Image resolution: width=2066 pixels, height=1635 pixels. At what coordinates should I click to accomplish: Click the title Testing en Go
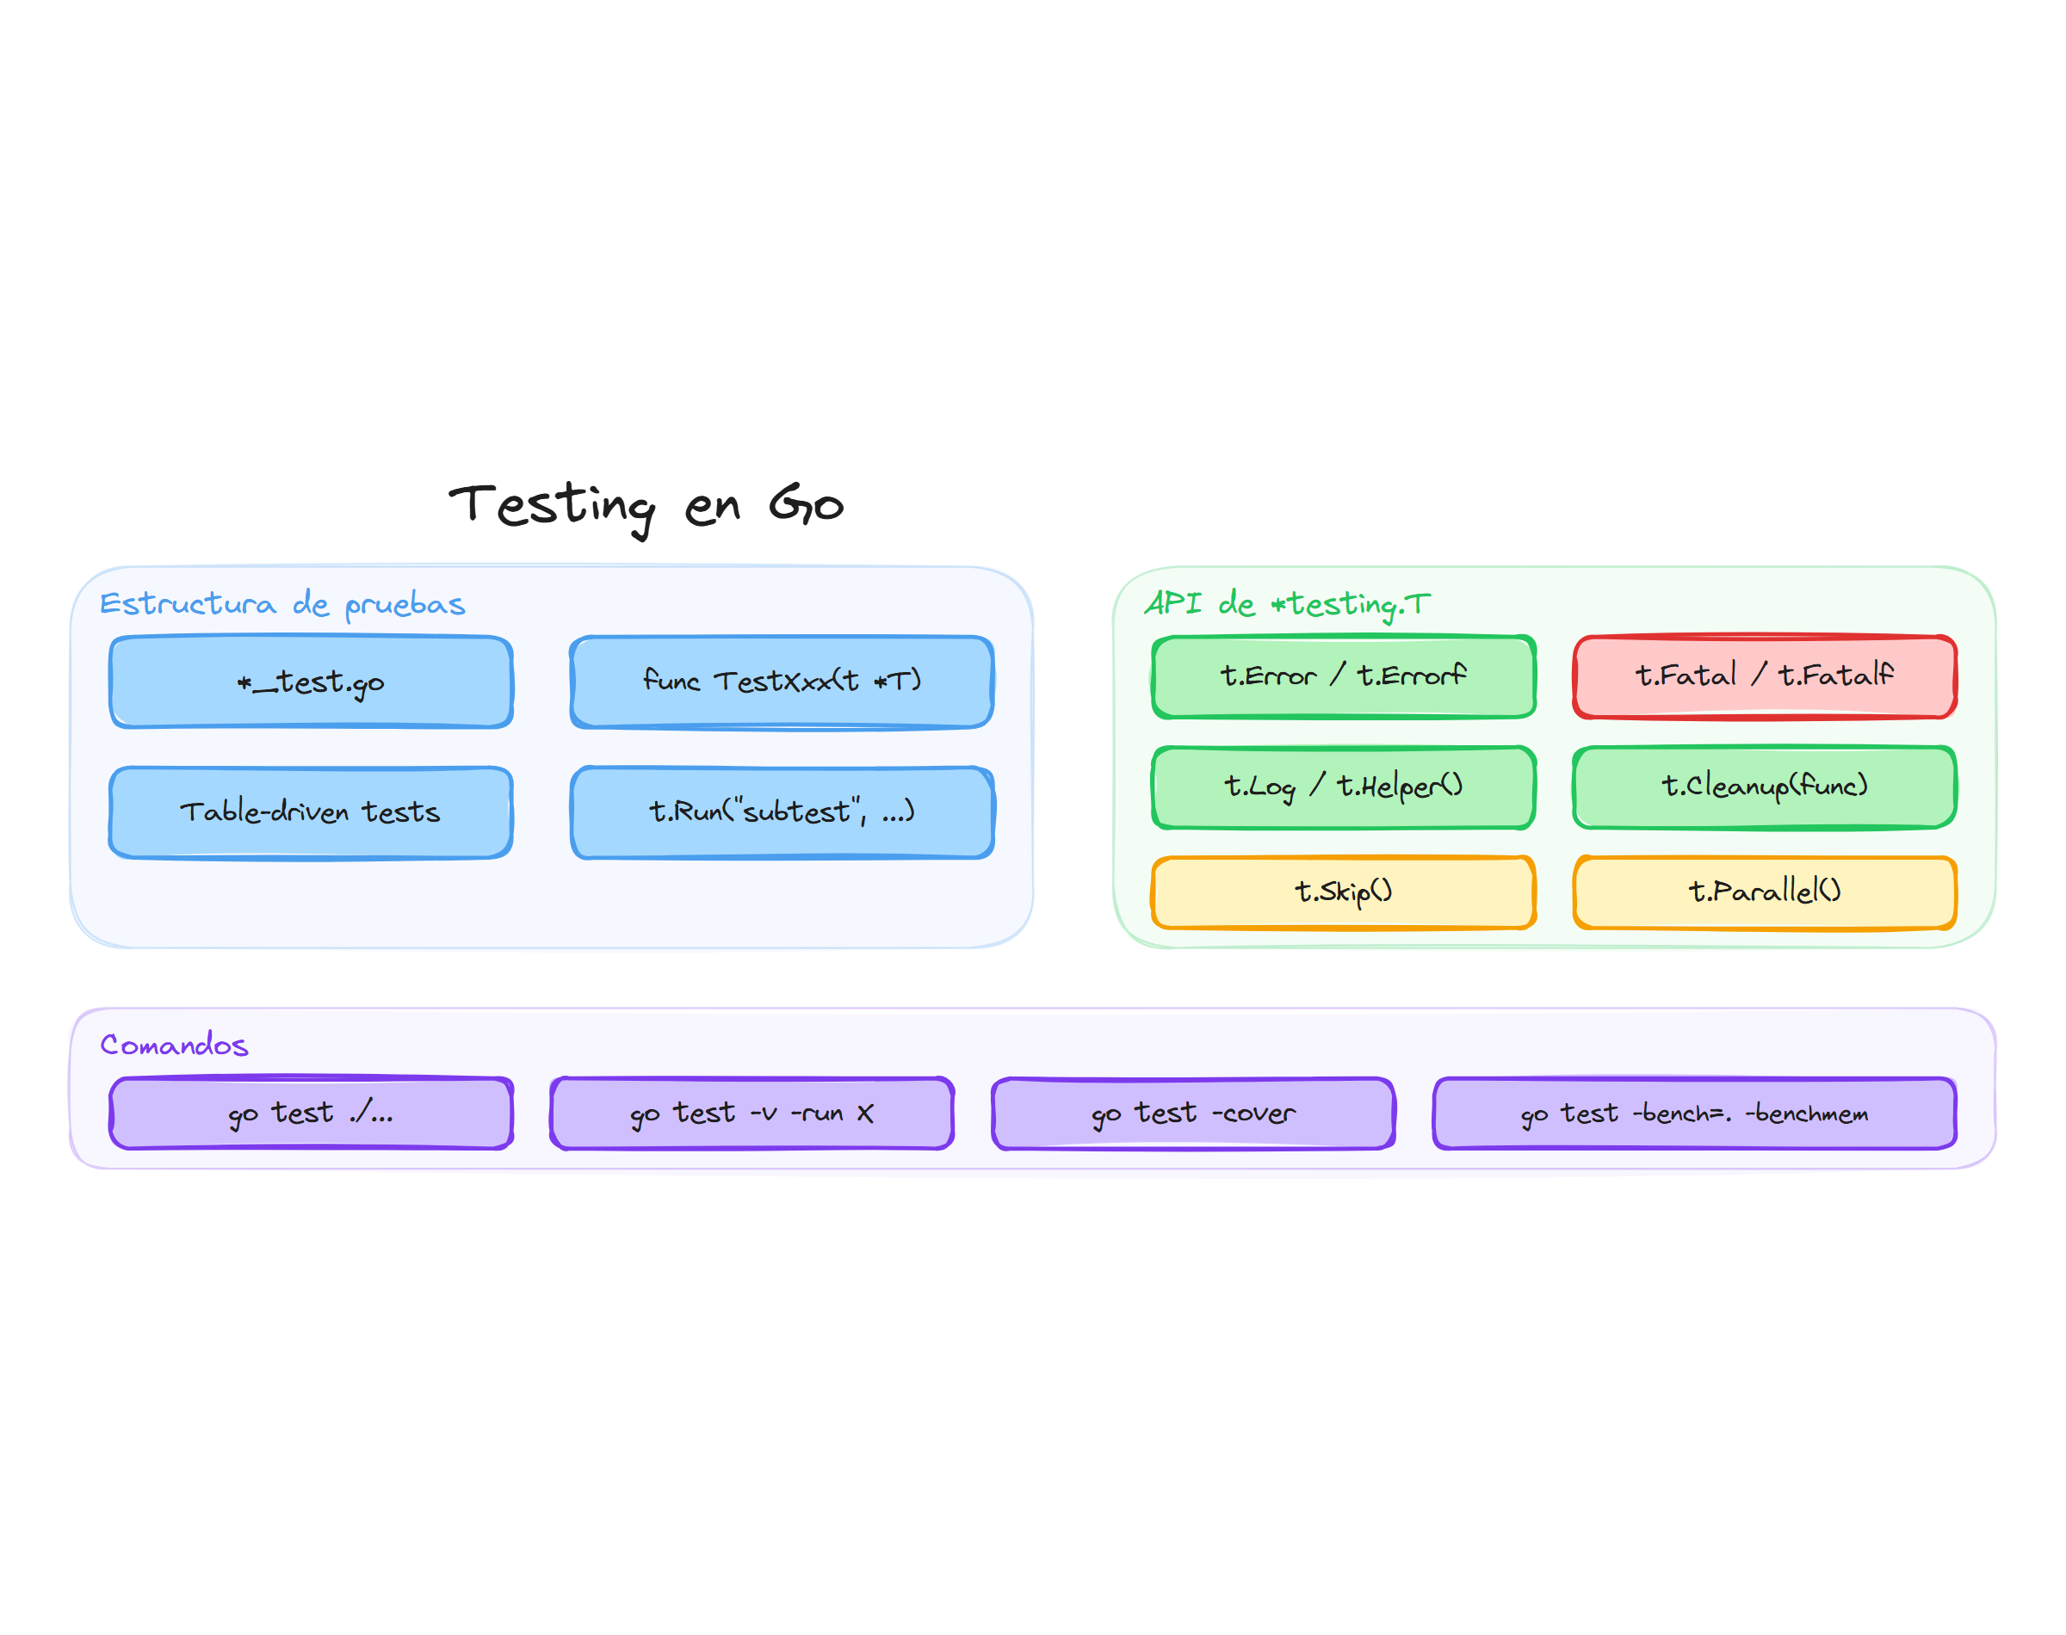pos(646,504)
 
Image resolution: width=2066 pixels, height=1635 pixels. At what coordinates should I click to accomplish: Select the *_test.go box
pos(311,682)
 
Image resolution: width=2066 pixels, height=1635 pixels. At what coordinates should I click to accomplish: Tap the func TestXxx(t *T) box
pos(782,682)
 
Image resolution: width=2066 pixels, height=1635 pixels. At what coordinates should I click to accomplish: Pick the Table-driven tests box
pos(311,811)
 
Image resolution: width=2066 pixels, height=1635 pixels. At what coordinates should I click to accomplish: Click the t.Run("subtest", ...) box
pos(782,811)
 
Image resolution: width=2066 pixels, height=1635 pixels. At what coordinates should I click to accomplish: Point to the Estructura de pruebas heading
pos(282,604)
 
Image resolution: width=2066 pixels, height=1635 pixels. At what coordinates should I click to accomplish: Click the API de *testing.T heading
pos(1287,604)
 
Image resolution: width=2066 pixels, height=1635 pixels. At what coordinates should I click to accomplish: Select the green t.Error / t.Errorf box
pos(1343,676)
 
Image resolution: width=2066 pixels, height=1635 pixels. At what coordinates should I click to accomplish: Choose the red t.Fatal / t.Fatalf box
pos(1764,676)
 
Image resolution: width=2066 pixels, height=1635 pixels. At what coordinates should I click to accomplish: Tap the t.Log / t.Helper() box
pos(1343,787)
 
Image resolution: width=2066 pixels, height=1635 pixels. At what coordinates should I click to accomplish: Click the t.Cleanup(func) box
pos(1764,787)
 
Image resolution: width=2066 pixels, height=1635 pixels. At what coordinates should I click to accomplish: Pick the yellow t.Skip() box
pos(1343,892)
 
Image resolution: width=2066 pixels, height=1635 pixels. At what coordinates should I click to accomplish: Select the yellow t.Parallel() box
pos(1764,892)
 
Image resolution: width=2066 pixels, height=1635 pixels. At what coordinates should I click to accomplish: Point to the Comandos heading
pos(174,1045)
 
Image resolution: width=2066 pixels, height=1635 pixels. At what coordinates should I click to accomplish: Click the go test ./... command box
pos(311,1113)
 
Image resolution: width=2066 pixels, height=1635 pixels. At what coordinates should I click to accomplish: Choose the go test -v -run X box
pos(752,1113)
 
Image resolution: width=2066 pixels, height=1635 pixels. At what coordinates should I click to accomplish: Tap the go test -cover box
pos(1193,1113)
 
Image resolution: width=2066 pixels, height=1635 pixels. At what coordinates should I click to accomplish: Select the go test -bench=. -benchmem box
pos(1693,1113)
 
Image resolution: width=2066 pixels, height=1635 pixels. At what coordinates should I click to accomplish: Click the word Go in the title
pos(806,504)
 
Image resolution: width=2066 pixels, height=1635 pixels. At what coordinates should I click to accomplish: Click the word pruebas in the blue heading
pos(405,604)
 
